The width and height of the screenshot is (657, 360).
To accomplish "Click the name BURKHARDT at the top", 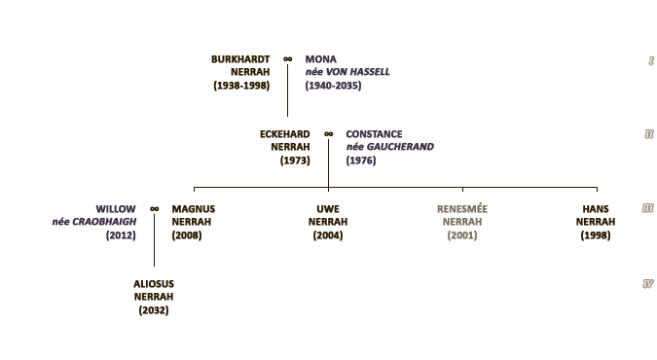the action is click(240, 59).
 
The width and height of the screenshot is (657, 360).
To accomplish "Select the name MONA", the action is click(320, 59).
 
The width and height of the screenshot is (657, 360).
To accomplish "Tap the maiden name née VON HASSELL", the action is click(347, 72).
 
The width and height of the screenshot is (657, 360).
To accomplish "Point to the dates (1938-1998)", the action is click(241, 86).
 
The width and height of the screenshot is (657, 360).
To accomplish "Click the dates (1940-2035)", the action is click(333, 86).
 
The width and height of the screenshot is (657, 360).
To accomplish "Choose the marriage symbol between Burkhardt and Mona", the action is click(287, 59).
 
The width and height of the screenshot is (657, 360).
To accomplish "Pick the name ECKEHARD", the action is click(285, 134).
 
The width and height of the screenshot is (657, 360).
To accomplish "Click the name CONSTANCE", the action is click(374, 134).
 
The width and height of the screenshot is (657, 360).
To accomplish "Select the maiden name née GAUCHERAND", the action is click(389, 147).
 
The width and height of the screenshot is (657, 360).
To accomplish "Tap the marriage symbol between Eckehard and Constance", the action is click(329, 134).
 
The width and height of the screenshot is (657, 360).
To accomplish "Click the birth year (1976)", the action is click(361, 161).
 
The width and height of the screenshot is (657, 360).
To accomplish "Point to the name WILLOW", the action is click(116, 209).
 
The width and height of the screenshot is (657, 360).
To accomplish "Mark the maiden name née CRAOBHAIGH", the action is click(94, 222).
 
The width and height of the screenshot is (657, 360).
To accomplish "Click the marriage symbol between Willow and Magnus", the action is click(154, 209).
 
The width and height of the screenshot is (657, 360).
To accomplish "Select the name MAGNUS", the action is click(194, 209).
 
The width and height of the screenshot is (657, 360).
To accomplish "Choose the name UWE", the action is click(328, 209).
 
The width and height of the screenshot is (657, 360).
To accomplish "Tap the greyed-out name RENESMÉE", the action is click(462, 209).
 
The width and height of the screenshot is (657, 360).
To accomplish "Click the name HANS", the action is click(596, 209).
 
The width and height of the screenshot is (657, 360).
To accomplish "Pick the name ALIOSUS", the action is click(154, 284).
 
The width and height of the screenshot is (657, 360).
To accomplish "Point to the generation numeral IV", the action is click(648, 284).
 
